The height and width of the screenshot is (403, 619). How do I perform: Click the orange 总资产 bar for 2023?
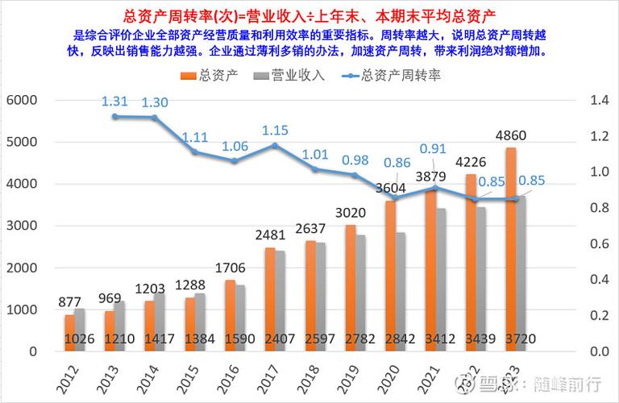(x=510, y=249)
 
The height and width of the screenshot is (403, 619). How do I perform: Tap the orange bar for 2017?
(x=270, y=299)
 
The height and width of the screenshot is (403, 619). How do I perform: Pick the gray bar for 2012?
(x=79, y=330)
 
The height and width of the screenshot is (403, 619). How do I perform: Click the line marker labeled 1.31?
(x=115, y=116)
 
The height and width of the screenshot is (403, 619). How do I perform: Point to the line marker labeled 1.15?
(x=275, y=145)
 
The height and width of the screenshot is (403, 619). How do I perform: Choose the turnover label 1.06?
(x=235, y=146)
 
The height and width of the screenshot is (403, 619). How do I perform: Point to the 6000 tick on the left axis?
(x=21, y=100)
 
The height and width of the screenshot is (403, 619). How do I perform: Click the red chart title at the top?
(x=309, y=15)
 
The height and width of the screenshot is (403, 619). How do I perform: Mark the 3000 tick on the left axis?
(x=21, y=226)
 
